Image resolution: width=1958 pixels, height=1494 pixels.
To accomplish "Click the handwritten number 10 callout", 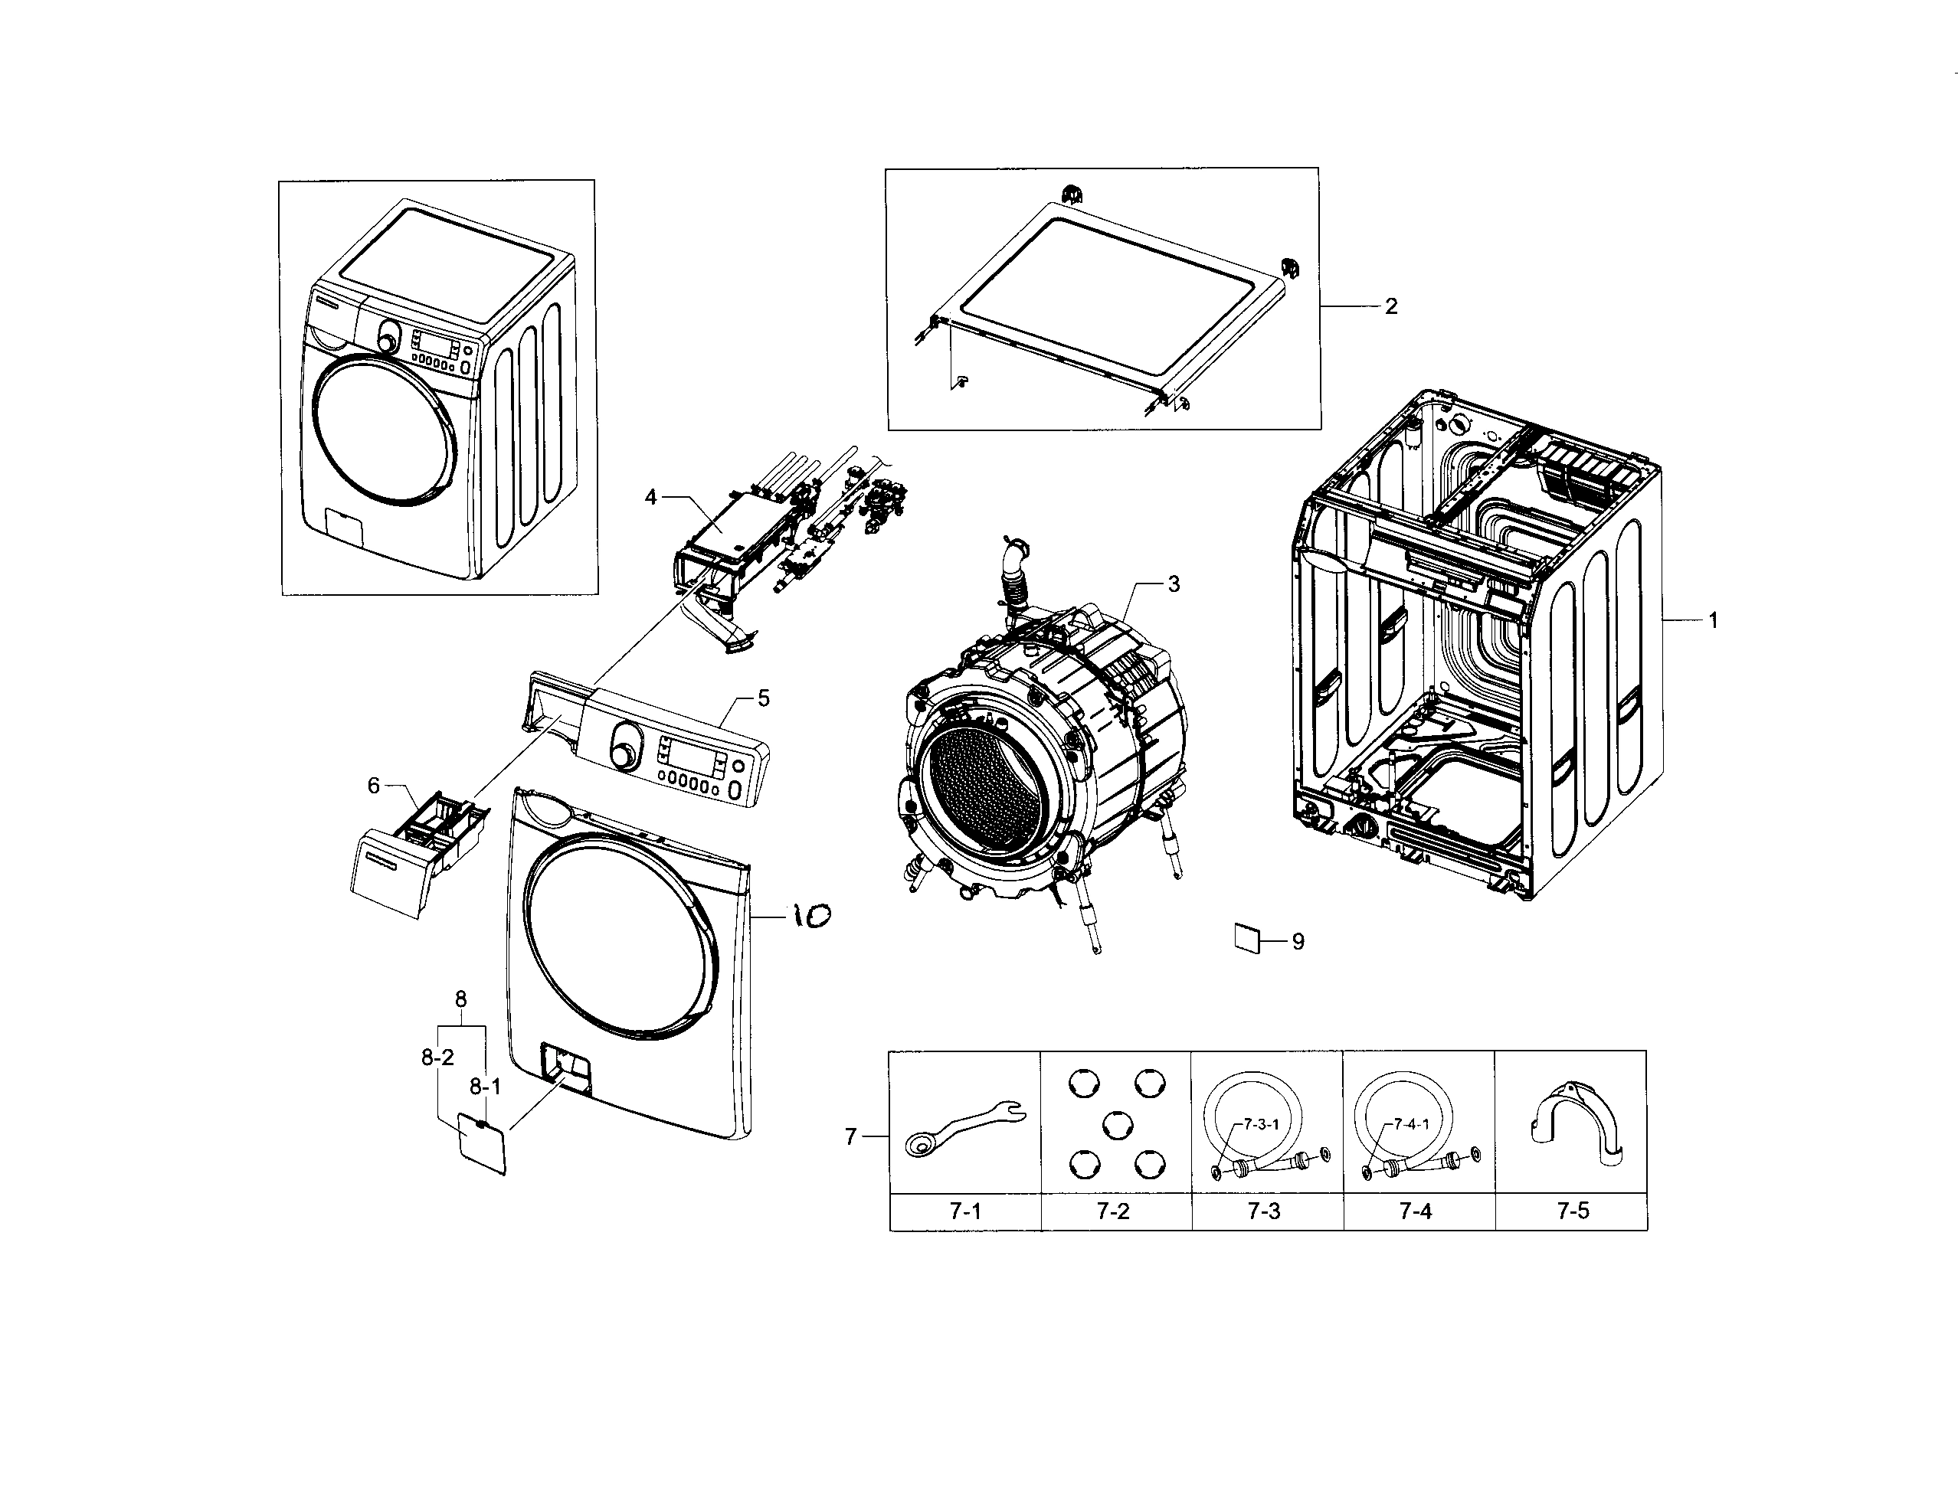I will tap(810, 915).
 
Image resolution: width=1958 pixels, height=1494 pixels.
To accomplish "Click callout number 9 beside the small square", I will tap(1298, 941).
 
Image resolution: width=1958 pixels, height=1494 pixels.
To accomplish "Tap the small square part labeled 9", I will tap(1247, 938).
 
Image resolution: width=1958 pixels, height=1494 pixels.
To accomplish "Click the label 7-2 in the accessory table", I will tap(1113, 1211).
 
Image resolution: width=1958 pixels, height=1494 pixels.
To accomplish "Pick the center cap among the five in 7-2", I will tap(1115, 1126).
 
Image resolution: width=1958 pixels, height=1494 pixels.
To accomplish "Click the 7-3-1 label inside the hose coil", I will tap(1261, 1124).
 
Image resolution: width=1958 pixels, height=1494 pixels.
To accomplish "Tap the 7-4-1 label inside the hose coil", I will tap(1411, 1124).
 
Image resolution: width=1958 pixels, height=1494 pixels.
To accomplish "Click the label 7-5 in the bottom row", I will tap(1572, 1211).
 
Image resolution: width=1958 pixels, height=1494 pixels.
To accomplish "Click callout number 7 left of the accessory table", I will tap(850, 1136).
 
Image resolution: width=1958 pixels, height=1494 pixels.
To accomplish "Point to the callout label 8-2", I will tap(437, 1058).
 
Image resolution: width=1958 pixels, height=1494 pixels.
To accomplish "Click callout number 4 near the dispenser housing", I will tap(650, 497).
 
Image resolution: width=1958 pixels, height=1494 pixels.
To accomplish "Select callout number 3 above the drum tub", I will tap(1174, 584).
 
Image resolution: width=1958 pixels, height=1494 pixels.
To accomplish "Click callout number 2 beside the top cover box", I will tap(1391, 306).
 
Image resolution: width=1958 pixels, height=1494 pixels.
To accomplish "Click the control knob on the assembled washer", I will tap(388, 340).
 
